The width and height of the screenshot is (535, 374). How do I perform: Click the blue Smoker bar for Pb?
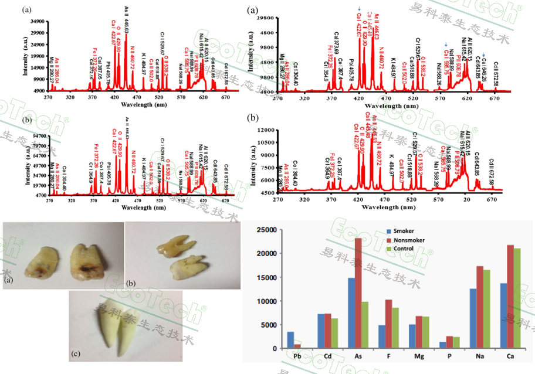[290, 340]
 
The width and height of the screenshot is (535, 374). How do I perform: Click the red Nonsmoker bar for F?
[389, 324]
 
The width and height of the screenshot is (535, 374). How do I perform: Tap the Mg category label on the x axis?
[419, 356]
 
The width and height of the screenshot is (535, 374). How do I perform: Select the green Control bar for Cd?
[335, 333]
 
